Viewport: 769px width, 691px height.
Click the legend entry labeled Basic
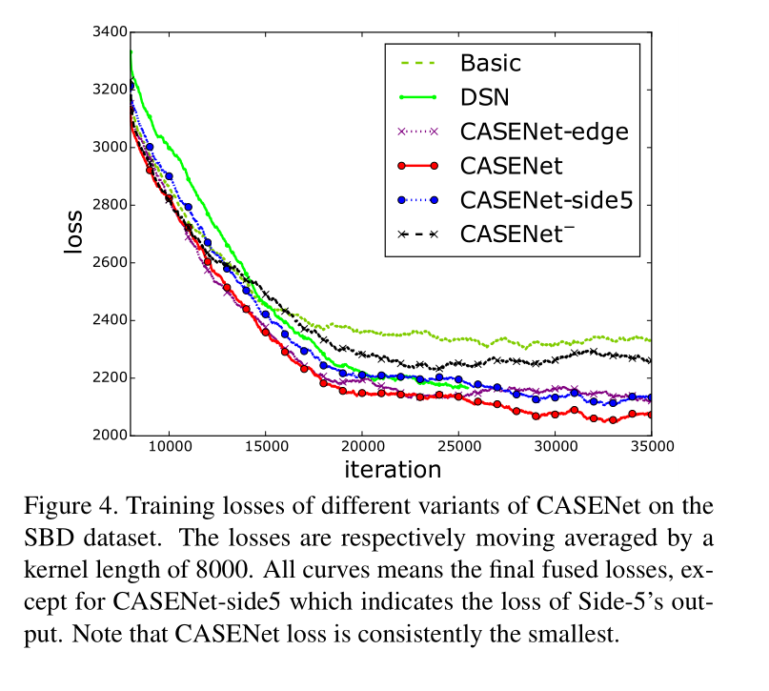click(x=490, y=64)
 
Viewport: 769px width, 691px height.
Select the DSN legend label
click(x=485, y=97)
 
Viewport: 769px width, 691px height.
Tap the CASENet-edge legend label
click(x=543, y=131)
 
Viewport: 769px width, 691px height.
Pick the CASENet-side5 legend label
click(x=546, y=199)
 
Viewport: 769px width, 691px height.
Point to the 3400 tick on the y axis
click(x=108, y=32)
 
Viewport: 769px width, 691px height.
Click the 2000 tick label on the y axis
click(x=108, y=436)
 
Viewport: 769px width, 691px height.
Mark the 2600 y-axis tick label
click(x=108, y=263)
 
